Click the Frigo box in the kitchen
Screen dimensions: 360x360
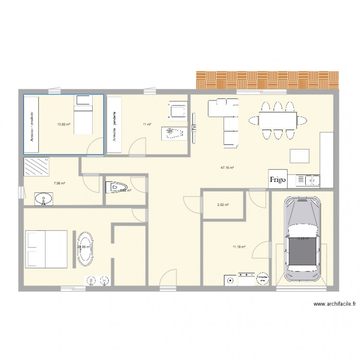coord(278,180)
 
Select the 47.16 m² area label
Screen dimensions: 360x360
coord(227,168)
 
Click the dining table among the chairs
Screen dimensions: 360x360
coord(278,120)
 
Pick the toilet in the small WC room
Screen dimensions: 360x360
coord(116,186)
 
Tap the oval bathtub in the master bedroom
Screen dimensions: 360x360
coord(86,249)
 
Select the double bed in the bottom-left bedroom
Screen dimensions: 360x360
coord(46,249)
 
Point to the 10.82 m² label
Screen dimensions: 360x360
coord(64,124)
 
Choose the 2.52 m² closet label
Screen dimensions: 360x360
coord(223,205)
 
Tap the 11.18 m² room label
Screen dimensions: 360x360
coord(239,247)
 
